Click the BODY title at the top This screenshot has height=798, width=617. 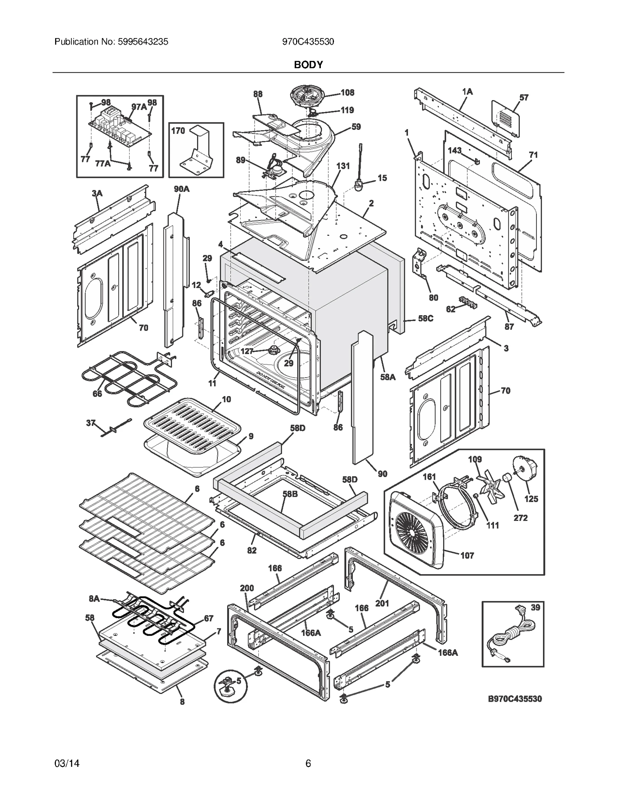click(x=308, y=65)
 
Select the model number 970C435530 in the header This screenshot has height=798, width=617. click(x=308, y=42)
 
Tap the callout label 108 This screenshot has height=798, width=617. click(x=347, y=92)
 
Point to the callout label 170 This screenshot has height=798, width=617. click(x=178, y=131)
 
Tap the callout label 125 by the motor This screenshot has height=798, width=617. click(x=531, y=499)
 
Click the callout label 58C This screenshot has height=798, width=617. click(x=426, y=319)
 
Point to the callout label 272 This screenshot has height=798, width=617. click(x=520, y=517)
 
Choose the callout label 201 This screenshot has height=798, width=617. click(x=382, y=603)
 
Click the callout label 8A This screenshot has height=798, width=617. click(x=94, y=598)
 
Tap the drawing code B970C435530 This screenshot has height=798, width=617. click(x=515, y=699)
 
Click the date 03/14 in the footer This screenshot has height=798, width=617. click(x=67, y=763)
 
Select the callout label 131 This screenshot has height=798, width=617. click(x=343, y=166)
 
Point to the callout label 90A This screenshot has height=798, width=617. click(x=181, y=189)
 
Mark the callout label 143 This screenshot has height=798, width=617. click(x=455, y=150)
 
